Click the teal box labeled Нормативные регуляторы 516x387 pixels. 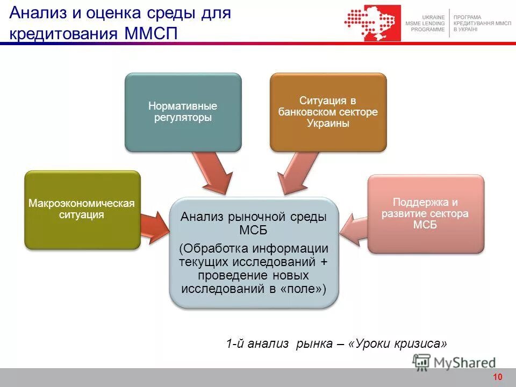pos(183,112)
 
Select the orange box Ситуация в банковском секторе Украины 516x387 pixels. pos(328,112)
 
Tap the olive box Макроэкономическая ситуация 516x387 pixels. pos(82,210)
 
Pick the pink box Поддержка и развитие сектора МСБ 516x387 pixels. pos(425,213)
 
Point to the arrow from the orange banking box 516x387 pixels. pos(293,172)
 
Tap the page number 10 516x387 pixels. pos(497,377)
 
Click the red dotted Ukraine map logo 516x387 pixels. pos(372,23)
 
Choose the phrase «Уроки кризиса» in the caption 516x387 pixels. pos(398,343)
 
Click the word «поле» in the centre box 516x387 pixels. pos(300,289)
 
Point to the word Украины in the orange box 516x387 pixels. pos(328,123)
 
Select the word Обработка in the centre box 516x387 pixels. pos(217,249)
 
